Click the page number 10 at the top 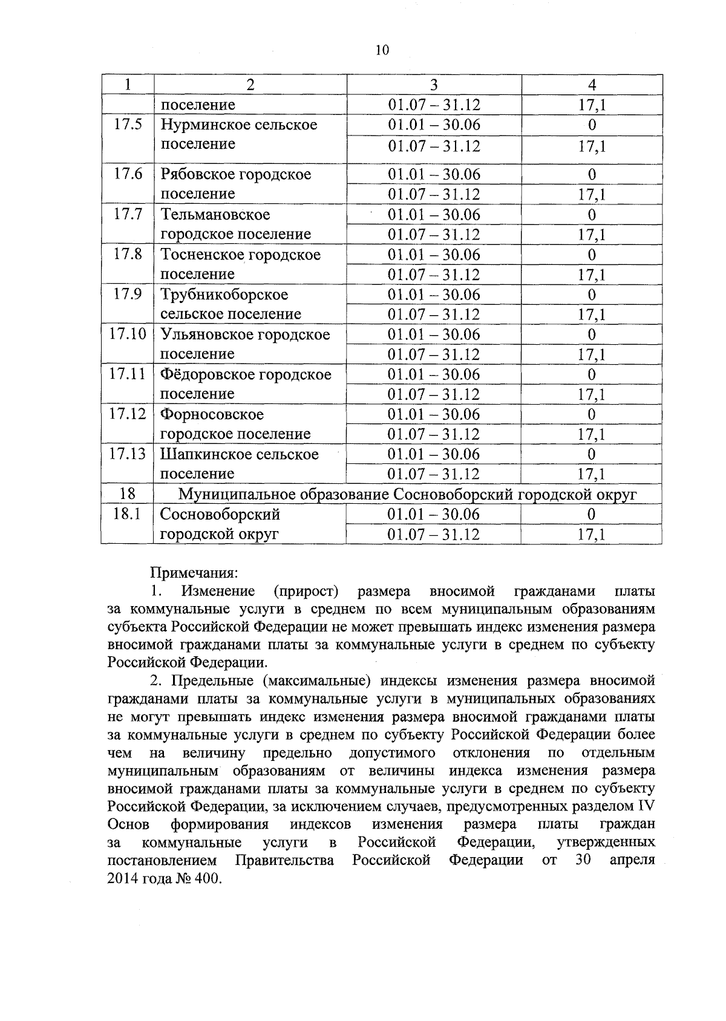pos(382,50)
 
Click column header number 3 pos(433,85)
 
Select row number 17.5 pos(128,125)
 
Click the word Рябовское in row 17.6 pos(198,174)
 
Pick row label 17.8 pos(128,254)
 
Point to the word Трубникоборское pos(224,295)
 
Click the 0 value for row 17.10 pos(592,334)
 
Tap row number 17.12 pos(128,414)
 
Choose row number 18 pos(128,494)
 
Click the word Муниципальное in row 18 pos(234,495)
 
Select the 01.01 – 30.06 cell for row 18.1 pos(434,515)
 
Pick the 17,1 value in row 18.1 pos(592,535)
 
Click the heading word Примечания pos(194,572)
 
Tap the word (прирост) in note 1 pos(306,591)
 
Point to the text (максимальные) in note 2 pos(319,681)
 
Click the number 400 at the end pos(208,879)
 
